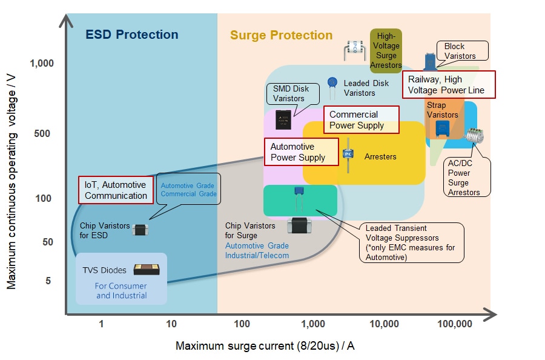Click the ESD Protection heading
click(131, 35)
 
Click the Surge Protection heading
click(281, 36)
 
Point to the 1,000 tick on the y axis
click(41, 64)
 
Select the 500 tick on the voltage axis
click(44, 133)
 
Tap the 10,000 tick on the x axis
click(383, 324)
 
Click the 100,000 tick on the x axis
click(454, 324)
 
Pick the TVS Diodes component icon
click(147, 270)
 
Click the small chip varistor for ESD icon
click(140, 229)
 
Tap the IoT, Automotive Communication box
click(116, 190)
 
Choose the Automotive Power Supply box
click(301, 152)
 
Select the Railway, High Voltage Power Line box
click(449, 85)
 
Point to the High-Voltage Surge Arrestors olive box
click(386, 51)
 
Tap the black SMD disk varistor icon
click(283, 119)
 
